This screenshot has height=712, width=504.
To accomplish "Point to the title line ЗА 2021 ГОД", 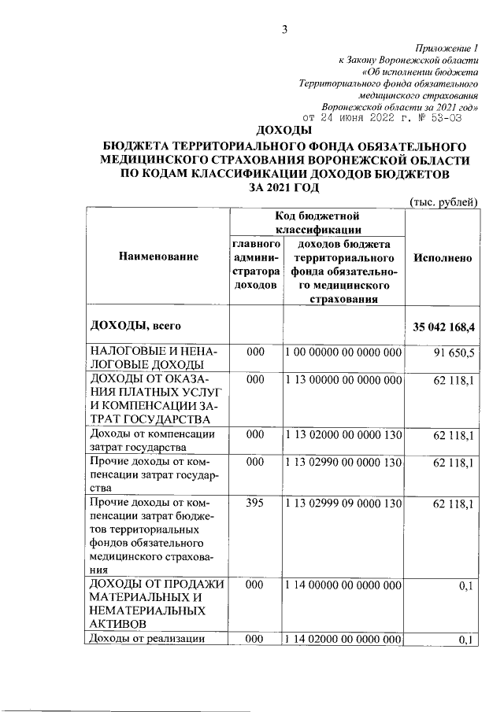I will tap(284, 186).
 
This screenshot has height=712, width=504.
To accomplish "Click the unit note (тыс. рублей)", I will tap(444, 202).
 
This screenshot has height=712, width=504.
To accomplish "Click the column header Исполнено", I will tap(442, 257).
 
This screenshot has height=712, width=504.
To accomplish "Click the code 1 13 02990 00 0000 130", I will tap(343, 464).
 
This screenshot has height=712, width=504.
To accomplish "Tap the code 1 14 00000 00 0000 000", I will tap(343, 586).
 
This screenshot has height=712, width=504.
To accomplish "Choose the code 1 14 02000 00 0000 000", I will tap(343, 640).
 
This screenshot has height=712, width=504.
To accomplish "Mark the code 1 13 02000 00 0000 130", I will tap(343, 434).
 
